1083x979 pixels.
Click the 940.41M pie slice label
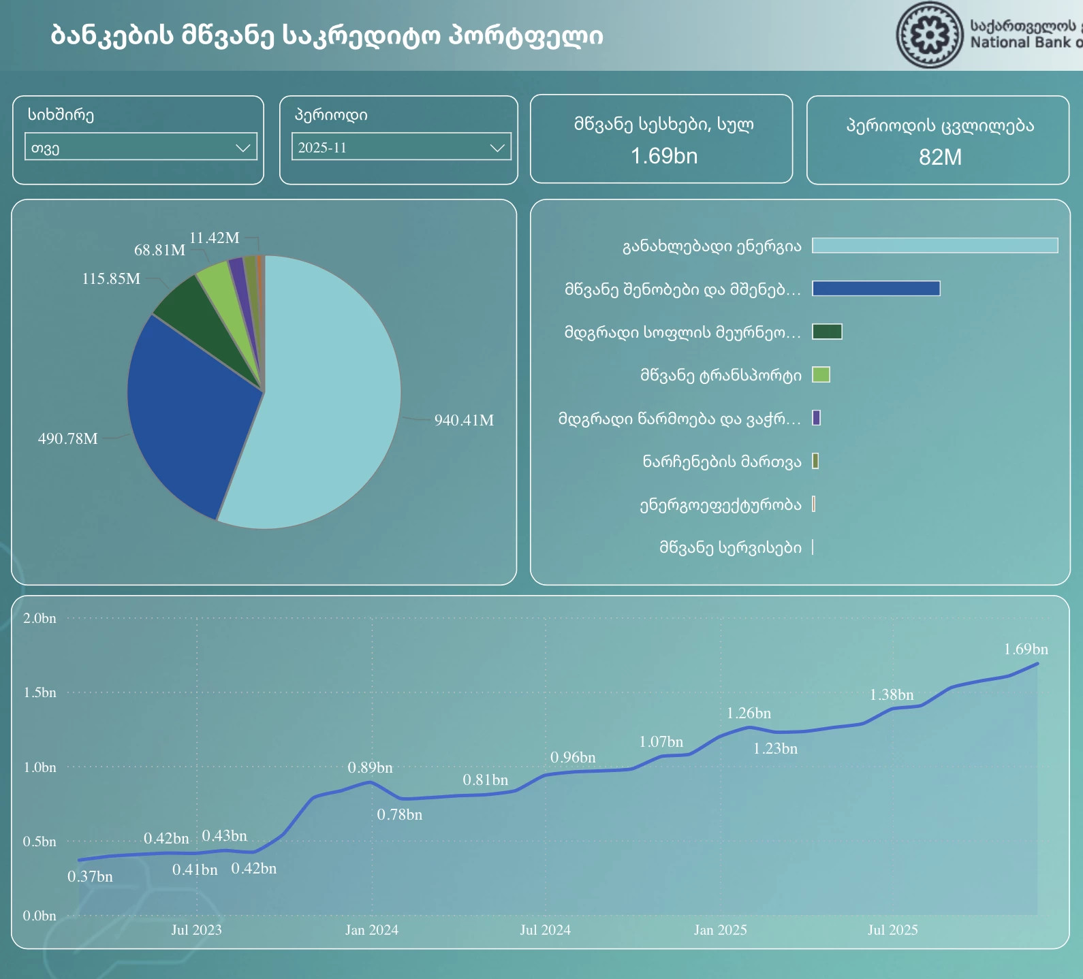464,420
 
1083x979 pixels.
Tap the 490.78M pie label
67,438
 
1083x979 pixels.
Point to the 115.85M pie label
111,278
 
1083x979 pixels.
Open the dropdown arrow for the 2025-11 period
498,147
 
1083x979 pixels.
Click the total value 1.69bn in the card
663,156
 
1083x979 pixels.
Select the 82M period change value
940,157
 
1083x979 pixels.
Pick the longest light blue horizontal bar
935,245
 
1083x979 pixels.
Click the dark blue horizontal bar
876,289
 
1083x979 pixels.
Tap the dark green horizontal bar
827,332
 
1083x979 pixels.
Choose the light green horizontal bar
821,374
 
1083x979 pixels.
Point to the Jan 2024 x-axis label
371,930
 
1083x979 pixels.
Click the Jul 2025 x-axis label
892,930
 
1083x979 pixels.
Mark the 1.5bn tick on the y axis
40,692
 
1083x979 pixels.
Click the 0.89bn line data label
370,768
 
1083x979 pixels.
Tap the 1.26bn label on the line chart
749,713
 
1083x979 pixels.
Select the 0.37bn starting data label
90,877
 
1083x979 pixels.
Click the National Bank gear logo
929,35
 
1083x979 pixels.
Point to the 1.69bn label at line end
1026,649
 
